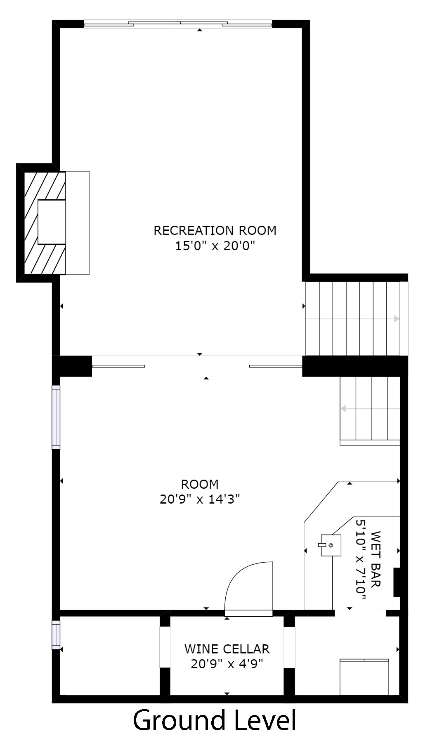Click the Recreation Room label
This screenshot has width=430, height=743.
215,230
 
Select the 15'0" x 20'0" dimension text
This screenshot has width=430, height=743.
215,246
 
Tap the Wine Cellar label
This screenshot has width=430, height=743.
227,649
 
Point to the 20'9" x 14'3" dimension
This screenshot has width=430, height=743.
200,499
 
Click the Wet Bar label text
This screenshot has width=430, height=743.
376,559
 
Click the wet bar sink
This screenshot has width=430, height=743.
331,545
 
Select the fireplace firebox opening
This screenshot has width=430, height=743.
52,222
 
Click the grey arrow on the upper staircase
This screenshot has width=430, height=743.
352,319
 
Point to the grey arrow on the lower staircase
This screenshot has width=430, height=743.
370,409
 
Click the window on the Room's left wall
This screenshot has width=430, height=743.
56,417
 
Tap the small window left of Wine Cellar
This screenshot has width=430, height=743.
56,634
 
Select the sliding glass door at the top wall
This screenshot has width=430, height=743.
178,24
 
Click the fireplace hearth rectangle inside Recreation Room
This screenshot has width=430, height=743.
77,223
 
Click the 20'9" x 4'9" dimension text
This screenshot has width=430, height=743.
227,664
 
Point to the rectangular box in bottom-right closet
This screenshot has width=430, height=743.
364,677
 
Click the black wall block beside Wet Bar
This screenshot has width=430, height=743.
397,582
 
